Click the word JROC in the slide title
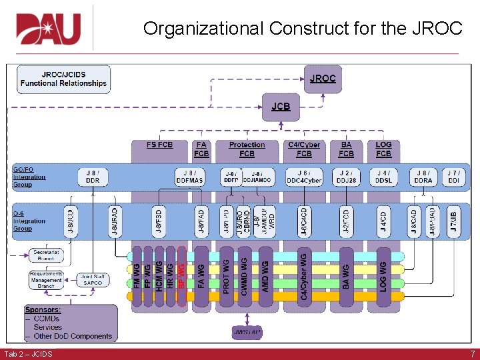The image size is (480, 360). coord(437,29)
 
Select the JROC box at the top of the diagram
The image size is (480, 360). coord(323,79)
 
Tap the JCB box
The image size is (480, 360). coord(281,107)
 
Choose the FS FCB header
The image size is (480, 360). coord(159,145)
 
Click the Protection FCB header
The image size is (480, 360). coord(247,149)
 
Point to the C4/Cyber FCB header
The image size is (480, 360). coord(304,149)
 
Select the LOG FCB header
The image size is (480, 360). coord(383,149)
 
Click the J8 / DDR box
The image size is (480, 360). coord(93,176)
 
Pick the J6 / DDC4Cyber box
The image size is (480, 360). coord(304,176)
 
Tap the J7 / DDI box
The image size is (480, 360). coord(453,176)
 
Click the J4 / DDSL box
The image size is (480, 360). coord(383,176)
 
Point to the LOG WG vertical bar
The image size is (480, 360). coord(383,275)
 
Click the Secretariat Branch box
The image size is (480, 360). coord(46,255)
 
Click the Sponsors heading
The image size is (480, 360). coord(43,310)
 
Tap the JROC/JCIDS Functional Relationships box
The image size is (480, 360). coord(63,79)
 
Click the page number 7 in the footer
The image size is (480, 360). coord(472,353)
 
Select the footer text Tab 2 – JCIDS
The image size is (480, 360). coord(28,353)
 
